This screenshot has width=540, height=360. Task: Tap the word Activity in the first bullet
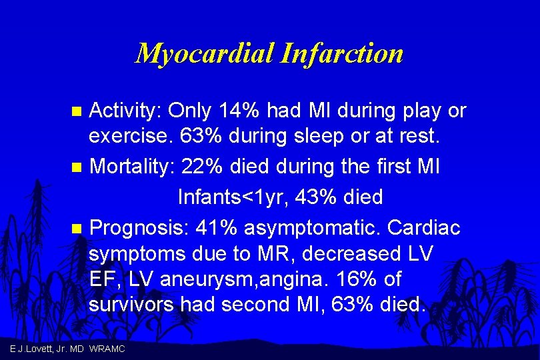(x=125, y=110)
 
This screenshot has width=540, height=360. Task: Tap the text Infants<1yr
(x=243, y=197)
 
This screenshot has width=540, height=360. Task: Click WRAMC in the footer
(x=107, y=349)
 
